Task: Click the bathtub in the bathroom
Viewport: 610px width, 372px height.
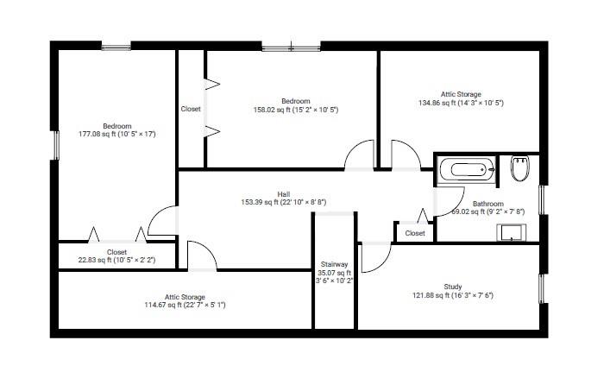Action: point(467,170)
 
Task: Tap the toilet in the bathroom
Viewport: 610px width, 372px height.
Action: point(520,168)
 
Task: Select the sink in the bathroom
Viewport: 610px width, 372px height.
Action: point(511,232)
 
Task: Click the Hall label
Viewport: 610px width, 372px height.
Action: point(284,194)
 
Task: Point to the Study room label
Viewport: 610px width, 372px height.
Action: point(453,287)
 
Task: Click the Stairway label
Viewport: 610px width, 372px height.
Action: point(334,264)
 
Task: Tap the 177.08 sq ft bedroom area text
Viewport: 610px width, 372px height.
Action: point(117,134)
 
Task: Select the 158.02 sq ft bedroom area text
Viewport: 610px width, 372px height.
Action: point(296,110)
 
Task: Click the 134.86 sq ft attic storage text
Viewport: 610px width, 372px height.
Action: point(461,103)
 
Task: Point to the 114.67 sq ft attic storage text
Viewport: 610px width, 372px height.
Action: point(185,305)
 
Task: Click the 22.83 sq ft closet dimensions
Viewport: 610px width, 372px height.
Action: point(116,260)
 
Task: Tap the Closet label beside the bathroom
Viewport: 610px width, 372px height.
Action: point(415,233)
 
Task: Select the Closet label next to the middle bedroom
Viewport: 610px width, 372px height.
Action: point(191,109)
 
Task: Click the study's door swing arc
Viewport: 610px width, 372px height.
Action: point(383,263)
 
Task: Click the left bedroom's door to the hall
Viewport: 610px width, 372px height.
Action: point(158,218)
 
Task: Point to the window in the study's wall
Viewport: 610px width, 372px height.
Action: point(542,288)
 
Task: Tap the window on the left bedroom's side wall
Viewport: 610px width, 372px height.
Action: point(56,145)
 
